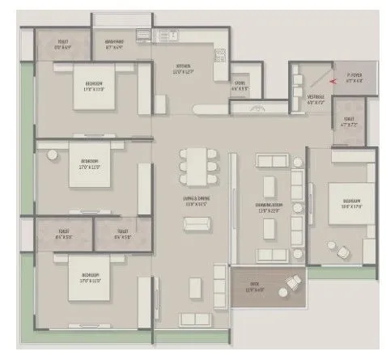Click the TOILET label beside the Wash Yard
[62, 44]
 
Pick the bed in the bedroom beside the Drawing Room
[343, 202]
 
